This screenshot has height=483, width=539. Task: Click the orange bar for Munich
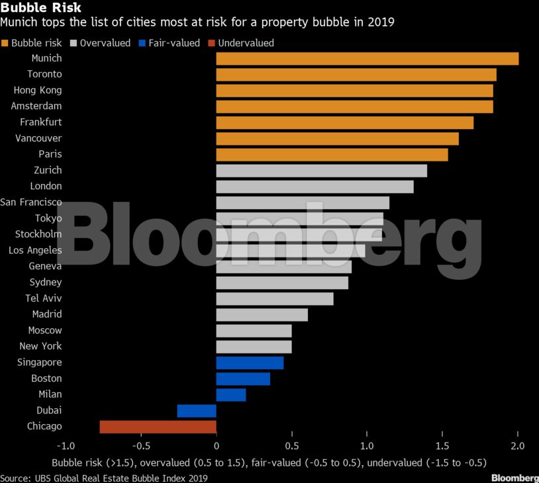pyautogui.click(x=367, y=58)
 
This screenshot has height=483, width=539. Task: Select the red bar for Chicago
pyautogui.click(x=158, y=427)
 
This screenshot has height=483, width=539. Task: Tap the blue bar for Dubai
pyautogui.click(x=197, y=411)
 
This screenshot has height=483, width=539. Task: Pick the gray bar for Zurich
pyautogui.click(x=321, y=171)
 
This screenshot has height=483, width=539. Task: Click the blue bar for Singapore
pyautogui.click(x=250, y=363)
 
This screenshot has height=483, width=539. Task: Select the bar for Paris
pyautogui.click(x=332, y=154)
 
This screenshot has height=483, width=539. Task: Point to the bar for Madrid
pyautogui.click(x=262, y=314)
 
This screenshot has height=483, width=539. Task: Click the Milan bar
pyautogui.click(x=231, y=395)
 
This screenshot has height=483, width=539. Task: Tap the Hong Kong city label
pyautogui.click(x=38, y=90)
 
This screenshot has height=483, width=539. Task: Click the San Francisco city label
pyautogui.click(x=31, y=202)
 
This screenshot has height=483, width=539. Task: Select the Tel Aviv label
pyautogui.click(x=44, y=298)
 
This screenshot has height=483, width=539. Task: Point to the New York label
pyautogui.click(x=40, y=346)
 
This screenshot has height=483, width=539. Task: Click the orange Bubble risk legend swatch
pyautogui.click(x=5, y=43)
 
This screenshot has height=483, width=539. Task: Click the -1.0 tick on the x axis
pyautogui.click(x=66, y=446)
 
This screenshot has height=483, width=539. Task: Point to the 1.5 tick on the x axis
pyautogui.click(x=442, y=446)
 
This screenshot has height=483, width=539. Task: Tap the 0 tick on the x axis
pyautogui.click(x=217, y=446)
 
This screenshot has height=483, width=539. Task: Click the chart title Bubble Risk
pyautogui.click(x=41, y=8)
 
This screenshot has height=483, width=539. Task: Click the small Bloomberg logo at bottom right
pyautogui.click(x=514, y=478)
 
